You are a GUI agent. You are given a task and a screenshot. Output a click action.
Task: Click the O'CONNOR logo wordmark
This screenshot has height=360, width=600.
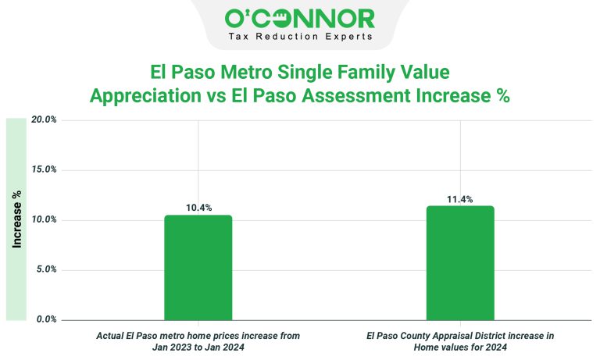point(299,18)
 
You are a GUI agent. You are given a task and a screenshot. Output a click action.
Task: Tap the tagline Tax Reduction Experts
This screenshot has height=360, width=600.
point(299,37)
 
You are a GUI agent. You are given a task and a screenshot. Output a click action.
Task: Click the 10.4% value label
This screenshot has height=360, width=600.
point(198,208)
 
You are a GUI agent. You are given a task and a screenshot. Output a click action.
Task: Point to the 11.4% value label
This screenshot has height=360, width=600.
point(460,199)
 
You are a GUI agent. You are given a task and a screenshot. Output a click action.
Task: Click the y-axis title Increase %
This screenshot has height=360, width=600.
point(16,219)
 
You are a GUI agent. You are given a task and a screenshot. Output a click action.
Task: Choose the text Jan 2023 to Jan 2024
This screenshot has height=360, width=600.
point(198,347)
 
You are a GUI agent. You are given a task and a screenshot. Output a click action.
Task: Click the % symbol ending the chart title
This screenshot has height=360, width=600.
point(503,97)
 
